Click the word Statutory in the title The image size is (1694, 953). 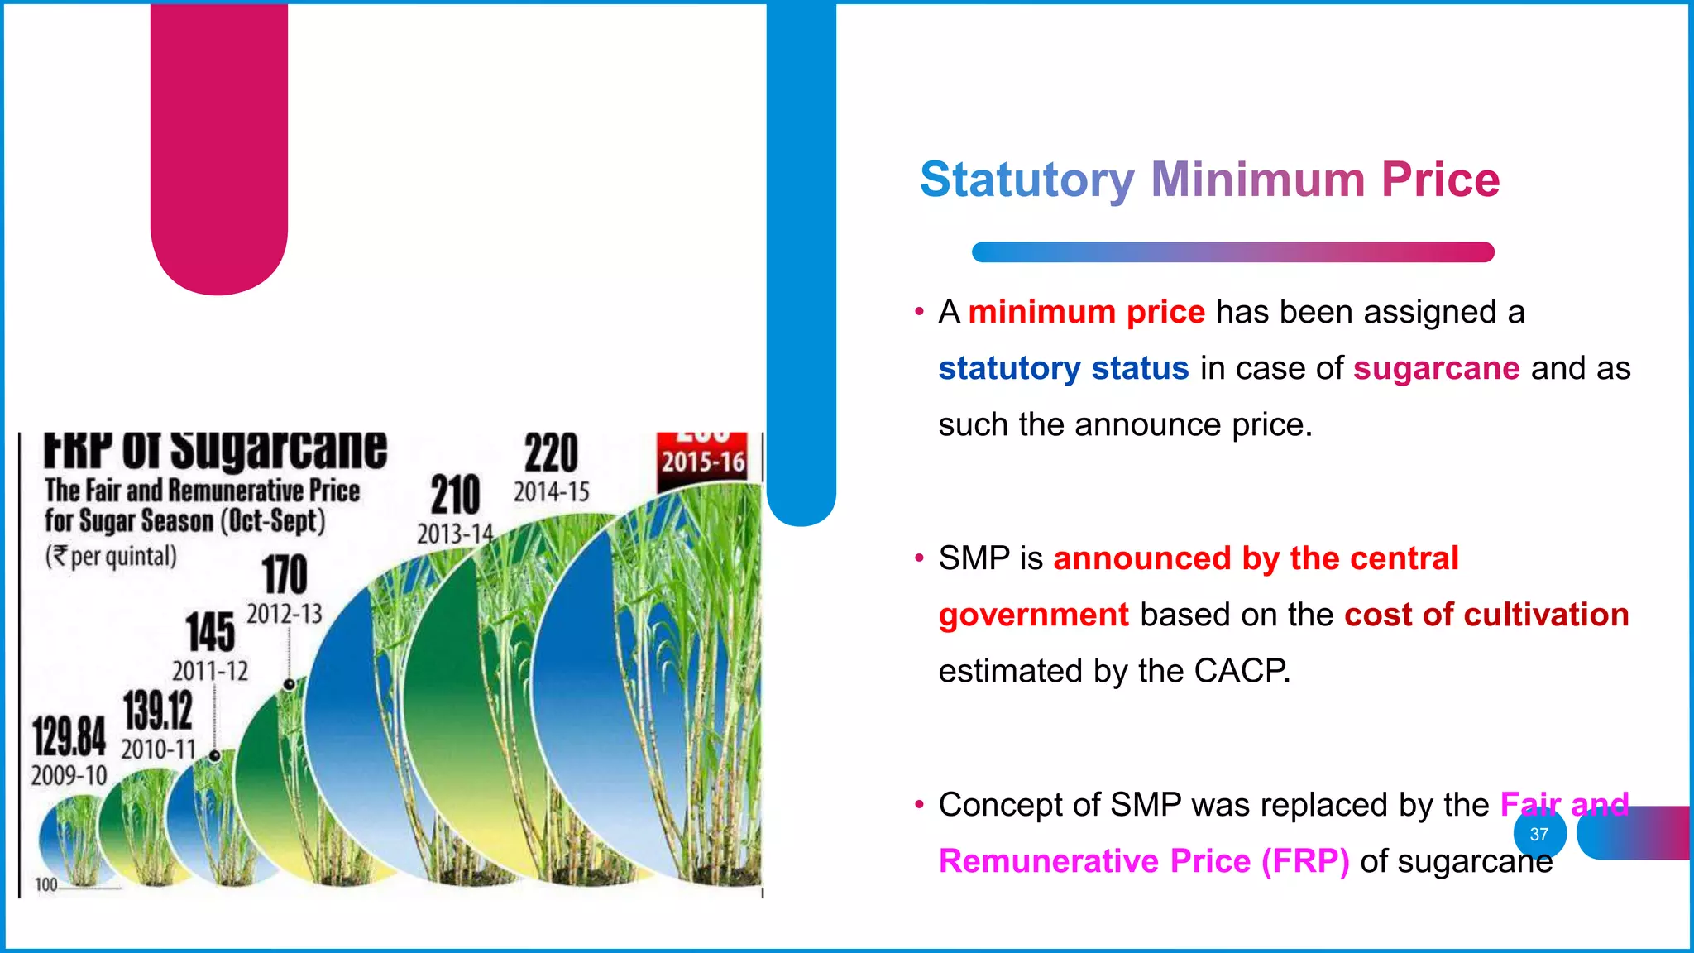click(x=1026, y=180)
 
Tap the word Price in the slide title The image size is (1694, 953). click(x=1440, y=180)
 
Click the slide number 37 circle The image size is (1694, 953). click(x=1539, y=834)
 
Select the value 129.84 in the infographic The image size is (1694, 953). click(x=69, y=736)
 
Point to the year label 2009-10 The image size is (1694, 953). click(x=69, y=776)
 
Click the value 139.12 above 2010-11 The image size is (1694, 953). click(x=158, y=710)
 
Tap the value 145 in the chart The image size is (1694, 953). click(x=209, y=632)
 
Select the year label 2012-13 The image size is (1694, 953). click(x=284, y=614)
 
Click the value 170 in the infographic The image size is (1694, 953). click(x=284, y=574)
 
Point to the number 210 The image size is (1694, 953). click(x=455, y=495)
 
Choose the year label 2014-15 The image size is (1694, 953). click(x=552, y=492)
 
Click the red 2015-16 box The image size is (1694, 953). click(x=703, y=460)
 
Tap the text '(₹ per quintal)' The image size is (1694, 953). click(x=111, y=556)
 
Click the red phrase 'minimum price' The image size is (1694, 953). click(x=1086, y=312)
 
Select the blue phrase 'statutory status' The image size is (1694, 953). click(x=1063, y=368)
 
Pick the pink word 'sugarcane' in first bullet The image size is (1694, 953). click(x=1436, y=368)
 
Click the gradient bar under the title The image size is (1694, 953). click(x=1232, y=252)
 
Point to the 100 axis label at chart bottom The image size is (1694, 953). click(x=46, y=884)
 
